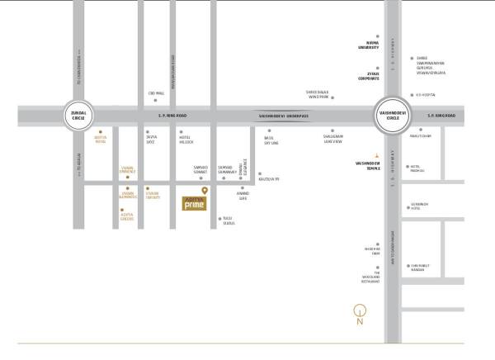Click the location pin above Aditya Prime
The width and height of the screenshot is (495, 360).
coord(205,191)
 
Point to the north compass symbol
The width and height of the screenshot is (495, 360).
coord(358,315)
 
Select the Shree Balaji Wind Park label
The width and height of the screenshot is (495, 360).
coord(321,96)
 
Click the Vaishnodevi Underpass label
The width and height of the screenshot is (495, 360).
coord(281,116)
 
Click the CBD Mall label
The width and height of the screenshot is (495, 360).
coord(151,92)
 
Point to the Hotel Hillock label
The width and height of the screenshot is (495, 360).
coord(186,141)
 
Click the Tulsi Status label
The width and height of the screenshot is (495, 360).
coord(229,220)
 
